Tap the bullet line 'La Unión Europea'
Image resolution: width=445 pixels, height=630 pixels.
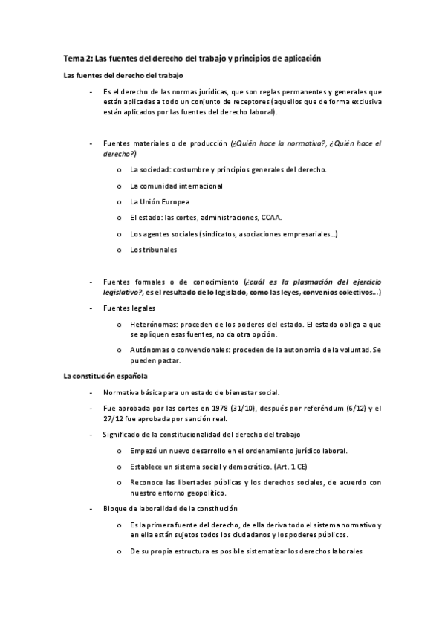click(x=159, y=201)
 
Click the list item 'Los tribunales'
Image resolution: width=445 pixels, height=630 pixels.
click(x=153, y=250)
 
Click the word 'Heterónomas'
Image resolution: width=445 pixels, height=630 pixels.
click(x=153, y=325)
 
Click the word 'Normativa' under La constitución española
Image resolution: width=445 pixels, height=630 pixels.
click(x=122, y=392)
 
